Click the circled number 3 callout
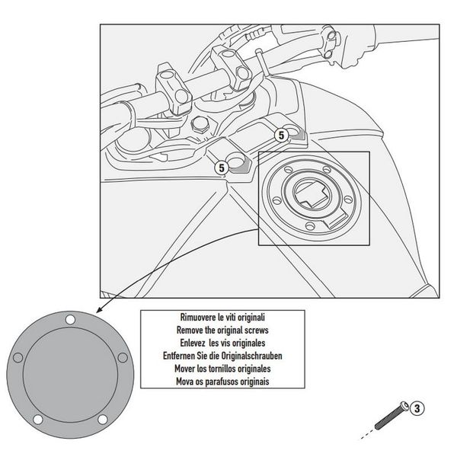(x=417, y=409)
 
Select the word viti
(x=217, y=315)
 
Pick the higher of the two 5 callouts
(x=280, y=135)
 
